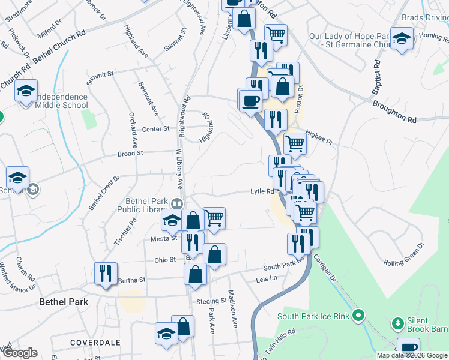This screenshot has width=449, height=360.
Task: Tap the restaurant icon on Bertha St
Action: point(106,273)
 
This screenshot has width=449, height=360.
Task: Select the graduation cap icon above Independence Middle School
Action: point(26,91)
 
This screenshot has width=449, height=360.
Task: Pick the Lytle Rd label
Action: point(262,192)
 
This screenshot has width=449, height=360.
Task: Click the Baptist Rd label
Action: point(377,78)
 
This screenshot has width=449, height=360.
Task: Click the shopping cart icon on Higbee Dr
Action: point(295,143)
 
